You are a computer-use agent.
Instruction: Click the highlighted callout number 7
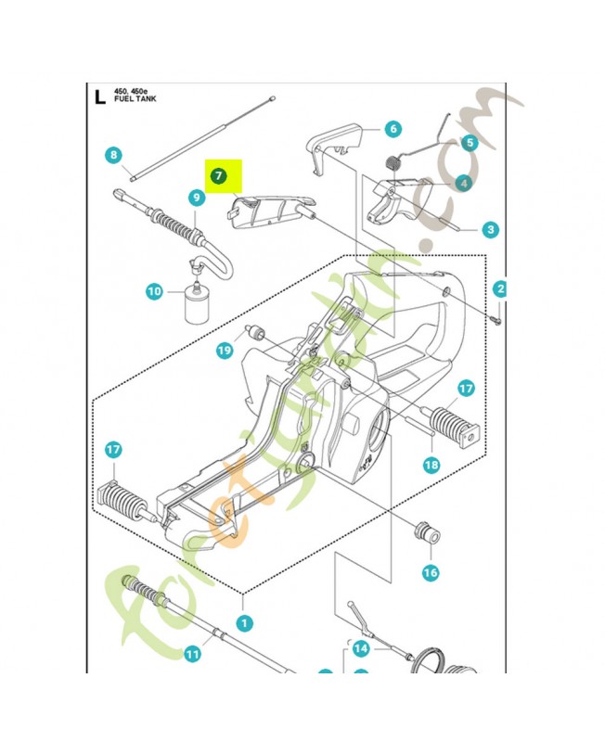coord(217,174)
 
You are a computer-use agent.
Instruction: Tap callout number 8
coord(113,155)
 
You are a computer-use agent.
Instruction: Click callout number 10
coord(154,292)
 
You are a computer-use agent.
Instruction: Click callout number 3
coord(489,229)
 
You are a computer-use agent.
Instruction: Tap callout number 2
coord(500,289)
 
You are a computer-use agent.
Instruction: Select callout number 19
coord(224,350)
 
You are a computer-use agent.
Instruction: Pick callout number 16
coord(431,572)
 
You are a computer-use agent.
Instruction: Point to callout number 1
coord(243,622)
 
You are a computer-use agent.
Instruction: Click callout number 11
coord(191,654)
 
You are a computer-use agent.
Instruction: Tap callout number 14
coord(361,648)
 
